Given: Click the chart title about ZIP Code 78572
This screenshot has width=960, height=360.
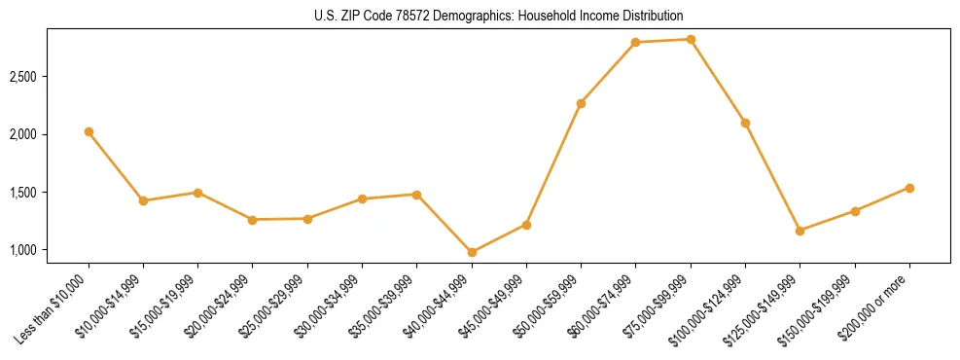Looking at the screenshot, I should [x=480, y=16].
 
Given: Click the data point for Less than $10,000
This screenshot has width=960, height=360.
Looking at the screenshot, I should [x=89, y=131].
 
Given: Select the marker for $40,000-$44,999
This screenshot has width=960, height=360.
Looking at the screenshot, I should [x=472, y=252].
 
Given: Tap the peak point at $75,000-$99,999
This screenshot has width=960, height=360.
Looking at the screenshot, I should [x=691, y=40].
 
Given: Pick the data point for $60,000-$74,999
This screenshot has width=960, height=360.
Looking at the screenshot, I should [x=636, y=43].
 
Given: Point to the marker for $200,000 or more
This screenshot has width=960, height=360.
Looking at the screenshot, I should [x=909, y=188].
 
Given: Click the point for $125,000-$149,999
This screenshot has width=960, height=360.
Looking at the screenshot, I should [x=800, y=231].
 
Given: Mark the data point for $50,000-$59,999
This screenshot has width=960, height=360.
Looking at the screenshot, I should [x=581, y=103].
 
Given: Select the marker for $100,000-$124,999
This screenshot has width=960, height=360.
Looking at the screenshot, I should [x=745, y=123].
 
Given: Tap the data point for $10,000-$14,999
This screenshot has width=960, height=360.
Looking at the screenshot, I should [x=143, y=200].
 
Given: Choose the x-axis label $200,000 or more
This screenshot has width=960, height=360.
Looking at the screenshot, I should [x=875, y=307].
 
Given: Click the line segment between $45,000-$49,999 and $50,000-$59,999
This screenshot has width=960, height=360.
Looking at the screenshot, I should [x=553, y=164].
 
